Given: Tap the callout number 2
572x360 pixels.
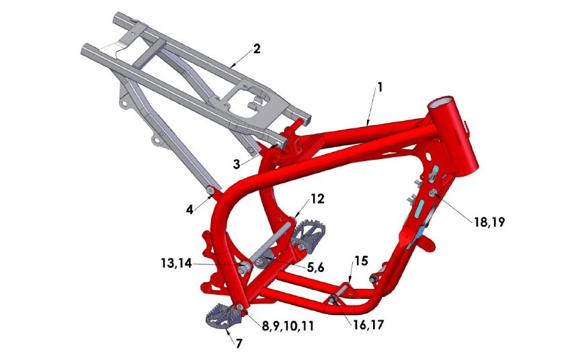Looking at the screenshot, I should [256, 48].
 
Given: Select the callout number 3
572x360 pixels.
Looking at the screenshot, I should [236, 163].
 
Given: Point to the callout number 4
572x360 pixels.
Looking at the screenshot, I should [190, 209].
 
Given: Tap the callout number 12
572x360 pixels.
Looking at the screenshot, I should [317, 199].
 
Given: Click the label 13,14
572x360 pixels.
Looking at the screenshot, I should [177, 265].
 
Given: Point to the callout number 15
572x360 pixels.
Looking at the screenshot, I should [362, 260].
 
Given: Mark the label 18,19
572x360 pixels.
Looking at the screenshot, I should [489, 222].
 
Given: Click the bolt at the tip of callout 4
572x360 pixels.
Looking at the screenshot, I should [212, 193].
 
